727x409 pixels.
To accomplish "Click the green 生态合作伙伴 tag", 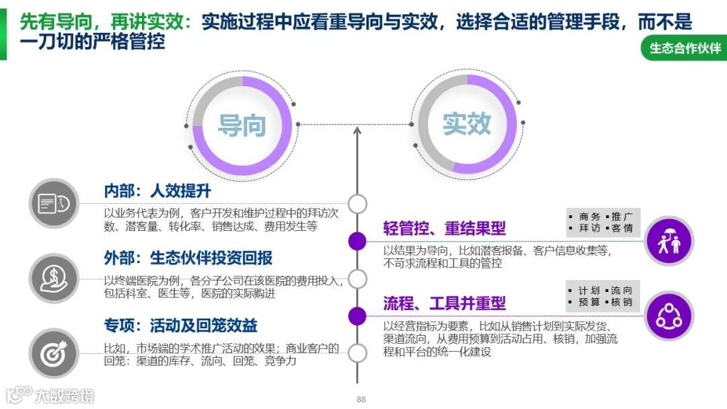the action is click(685, 48).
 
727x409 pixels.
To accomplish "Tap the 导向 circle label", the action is click(242, 124).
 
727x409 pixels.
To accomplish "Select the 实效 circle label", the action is click(466, 124).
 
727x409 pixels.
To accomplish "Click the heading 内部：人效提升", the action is click(158, 191).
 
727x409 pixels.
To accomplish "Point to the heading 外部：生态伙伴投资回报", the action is click(188, 258).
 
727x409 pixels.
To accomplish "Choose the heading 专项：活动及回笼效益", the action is click(180, 326).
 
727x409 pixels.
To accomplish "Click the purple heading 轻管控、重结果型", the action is click(444, 228).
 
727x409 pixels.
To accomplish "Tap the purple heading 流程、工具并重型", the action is click(444, 303).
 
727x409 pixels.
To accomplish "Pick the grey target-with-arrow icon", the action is click(55, 352).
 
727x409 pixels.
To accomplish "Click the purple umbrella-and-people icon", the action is click(668, 241).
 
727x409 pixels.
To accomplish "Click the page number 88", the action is click(361, 400).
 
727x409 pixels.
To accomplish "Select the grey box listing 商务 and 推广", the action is click(602, 223).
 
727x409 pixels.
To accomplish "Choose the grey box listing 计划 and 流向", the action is click(602, 297).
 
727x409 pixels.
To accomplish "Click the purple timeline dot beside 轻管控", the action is click(357, 241).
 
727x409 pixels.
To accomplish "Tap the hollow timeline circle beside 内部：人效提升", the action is click(357, 203).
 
